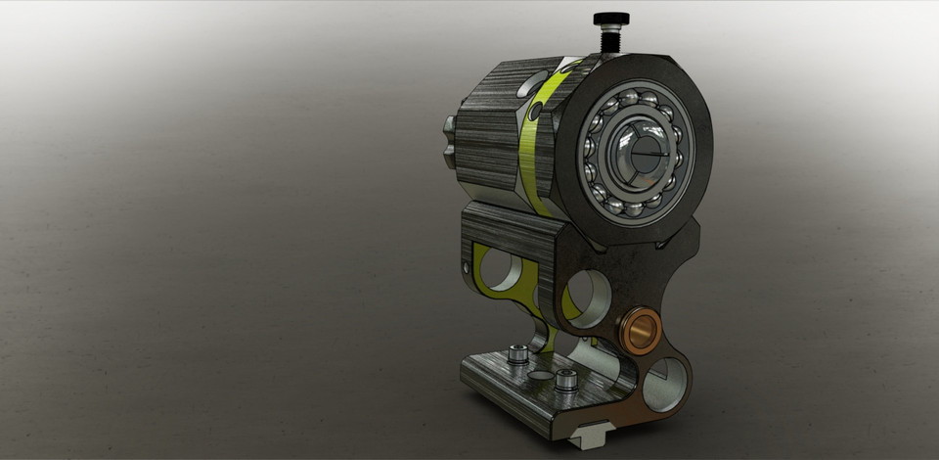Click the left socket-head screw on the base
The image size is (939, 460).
518,353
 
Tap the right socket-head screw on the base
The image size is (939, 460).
565,381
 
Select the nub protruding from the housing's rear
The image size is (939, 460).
450,143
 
